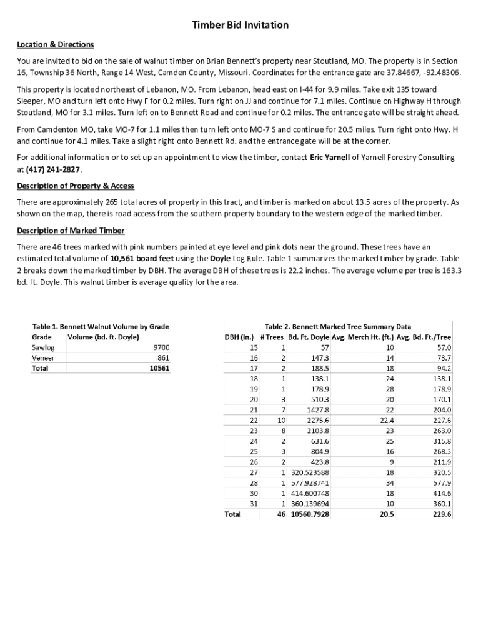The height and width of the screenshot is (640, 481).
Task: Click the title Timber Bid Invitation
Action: point(241,25)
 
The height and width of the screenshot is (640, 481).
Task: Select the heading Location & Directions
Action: point(55,44)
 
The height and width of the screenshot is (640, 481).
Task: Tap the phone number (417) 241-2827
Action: point(53,169)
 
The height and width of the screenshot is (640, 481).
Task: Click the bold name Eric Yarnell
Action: point(330,158)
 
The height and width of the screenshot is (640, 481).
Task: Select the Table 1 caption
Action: point(101,326)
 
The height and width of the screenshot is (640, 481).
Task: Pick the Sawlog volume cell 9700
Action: point(161,347)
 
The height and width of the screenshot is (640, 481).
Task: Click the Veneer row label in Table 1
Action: point(43,358)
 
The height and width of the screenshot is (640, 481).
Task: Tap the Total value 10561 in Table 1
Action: point(159,368)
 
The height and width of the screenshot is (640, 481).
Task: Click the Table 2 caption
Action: point(338,326)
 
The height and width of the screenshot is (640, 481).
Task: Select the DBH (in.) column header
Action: point(238,337)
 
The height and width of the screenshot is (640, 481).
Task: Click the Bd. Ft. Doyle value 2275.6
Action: point(317,421)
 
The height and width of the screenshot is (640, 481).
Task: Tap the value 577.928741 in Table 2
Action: point(310,483)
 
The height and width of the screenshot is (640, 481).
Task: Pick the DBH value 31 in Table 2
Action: point(254,504)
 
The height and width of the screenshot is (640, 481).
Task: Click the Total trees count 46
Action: point(281,514)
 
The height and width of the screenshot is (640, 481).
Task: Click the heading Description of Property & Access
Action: point(76,186)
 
